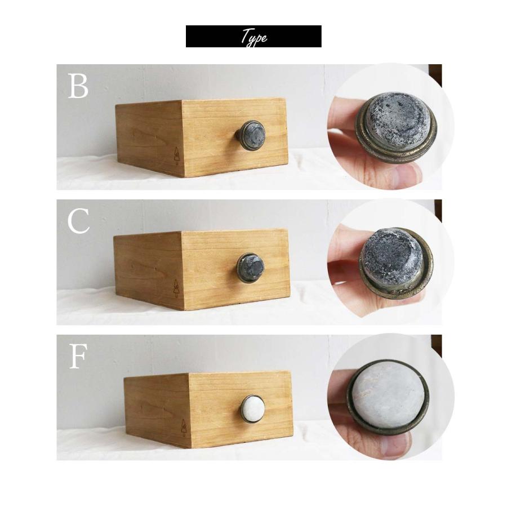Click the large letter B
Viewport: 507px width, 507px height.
[x=78, y=86]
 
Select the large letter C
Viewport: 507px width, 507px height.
[x=78, y=221]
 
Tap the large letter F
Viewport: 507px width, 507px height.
[x=78, y=357]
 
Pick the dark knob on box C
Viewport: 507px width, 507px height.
[x=251, y=268]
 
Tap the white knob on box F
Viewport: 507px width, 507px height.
[x=252, y=408]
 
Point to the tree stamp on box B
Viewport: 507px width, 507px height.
[x=176, y=156]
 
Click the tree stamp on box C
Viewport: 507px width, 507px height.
[x=176, y=288]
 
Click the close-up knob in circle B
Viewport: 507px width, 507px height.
[x=396, y=125]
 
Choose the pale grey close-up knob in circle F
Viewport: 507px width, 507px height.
[x=388, y=397]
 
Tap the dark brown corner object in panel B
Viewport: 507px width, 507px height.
[x=435, y=75]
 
